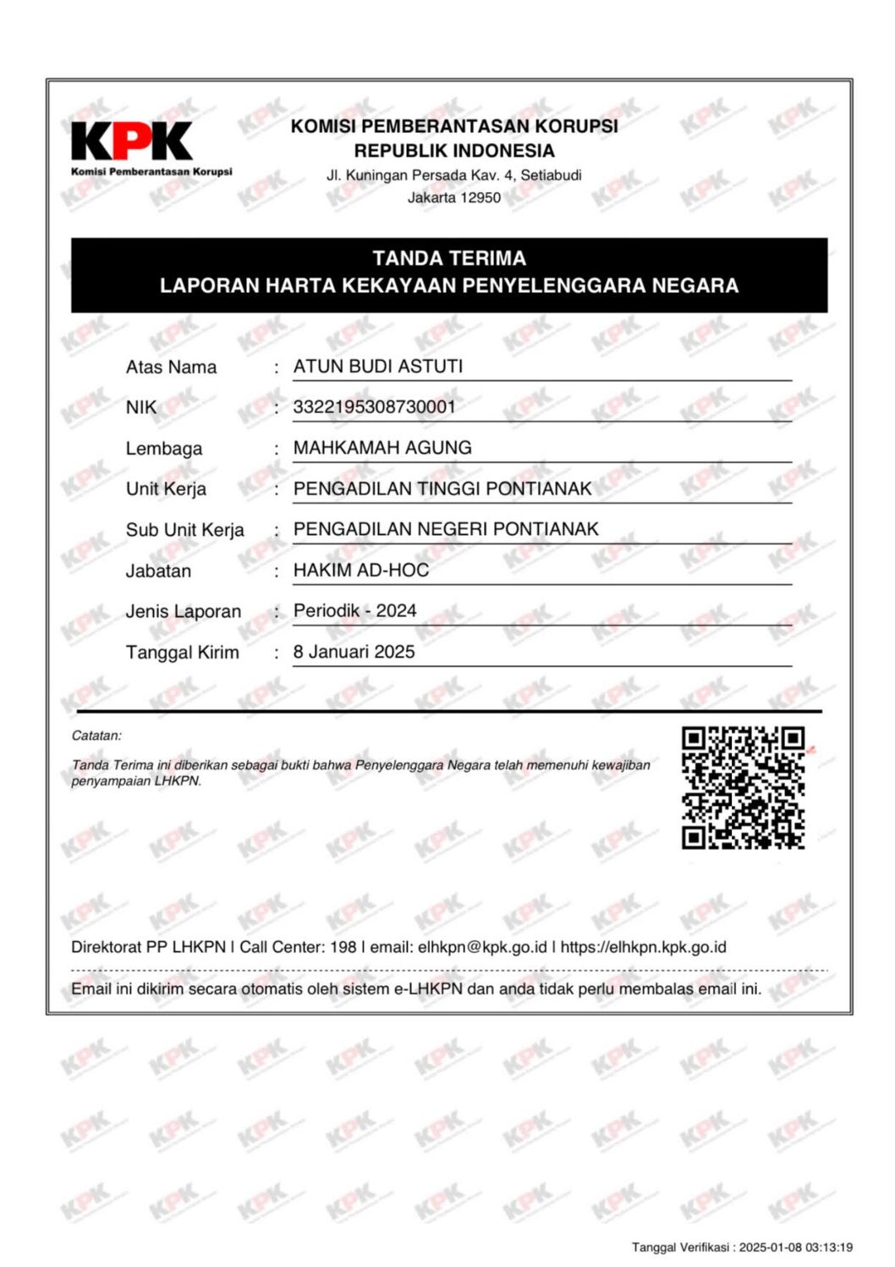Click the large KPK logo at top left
(x=132, y=142)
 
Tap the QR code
(x=743, y=787)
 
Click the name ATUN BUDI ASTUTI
(x=377, y=366)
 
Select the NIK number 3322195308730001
(x=374, y=407)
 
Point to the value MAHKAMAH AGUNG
(x=382, y=448)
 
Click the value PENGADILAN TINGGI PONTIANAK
(x=442, y=488)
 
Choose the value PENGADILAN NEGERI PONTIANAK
(x=446, y=529)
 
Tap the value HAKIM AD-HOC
(x=361, y=570)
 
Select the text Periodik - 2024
(x=354, y=611)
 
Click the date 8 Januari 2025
(x=354, y=652)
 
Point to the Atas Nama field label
(x=171, y=367)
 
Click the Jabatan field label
(x=158, y=571)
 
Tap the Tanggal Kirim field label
(x=182, y=653)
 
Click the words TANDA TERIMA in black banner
(x=449, y=258)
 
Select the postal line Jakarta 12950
(x=454, y=198)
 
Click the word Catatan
(x=96, y=735)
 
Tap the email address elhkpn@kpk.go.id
(x=482, y=947)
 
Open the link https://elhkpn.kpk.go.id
(x=643, y=947)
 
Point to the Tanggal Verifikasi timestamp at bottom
(x=742, y=1247)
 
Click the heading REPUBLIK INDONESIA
(x=454, y=151)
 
